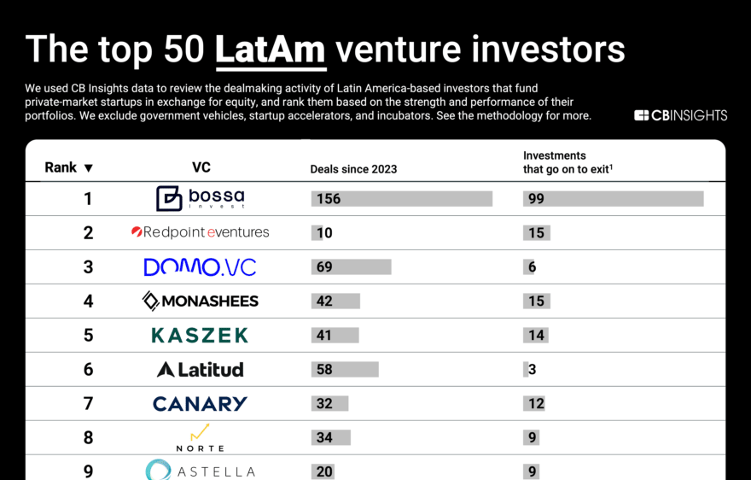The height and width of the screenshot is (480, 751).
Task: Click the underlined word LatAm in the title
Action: (x=271, y=50)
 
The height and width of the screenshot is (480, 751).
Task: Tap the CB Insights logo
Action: (x=680, y=115)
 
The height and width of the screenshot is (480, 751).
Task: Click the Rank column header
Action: (x=61, y=167)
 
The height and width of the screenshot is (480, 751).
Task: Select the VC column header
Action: (x=201, y=167)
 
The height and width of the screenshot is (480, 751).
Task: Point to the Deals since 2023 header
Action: (x=353, y=169)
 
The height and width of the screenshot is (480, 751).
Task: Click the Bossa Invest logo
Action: (x=200, y=198)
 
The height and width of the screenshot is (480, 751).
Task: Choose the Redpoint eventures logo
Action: (x=200, y=232)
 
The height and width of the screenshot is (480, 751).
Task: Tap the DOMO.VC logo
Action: (x=200, y=266)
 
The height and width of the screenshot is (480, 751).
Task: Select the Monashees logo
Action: (x=200, y=301)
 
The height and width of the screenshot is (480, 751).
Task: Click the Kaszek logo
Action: (x=200, y=335)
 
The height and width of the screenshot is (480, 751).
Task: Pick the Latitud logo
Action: (x=200, y=369)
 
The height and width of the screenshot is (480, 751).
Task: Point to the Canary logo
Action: (x=200, y=403)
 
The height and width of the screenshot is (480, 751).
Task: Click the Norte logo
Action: (x=200, y=437)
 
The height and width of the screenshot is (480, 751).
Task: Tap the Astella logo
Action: (x=200, y=471)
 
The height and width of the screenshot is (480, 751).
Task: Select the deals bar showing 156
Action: (x=402, y=199)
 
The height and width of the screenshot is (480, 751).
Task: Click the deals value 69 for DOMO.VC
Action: (x=324, y=267)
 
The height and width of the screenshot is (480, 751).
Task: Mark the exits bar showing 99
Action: (x=613, y=199)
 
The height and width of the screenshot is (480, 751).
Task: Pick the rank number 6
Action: (x=88, y=370)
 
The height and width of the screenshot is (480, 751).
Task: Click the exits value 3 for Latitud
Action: (x=532, y=370)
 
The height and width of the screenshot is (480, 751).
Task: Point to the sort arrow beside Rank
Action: (x=89, y=168)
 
